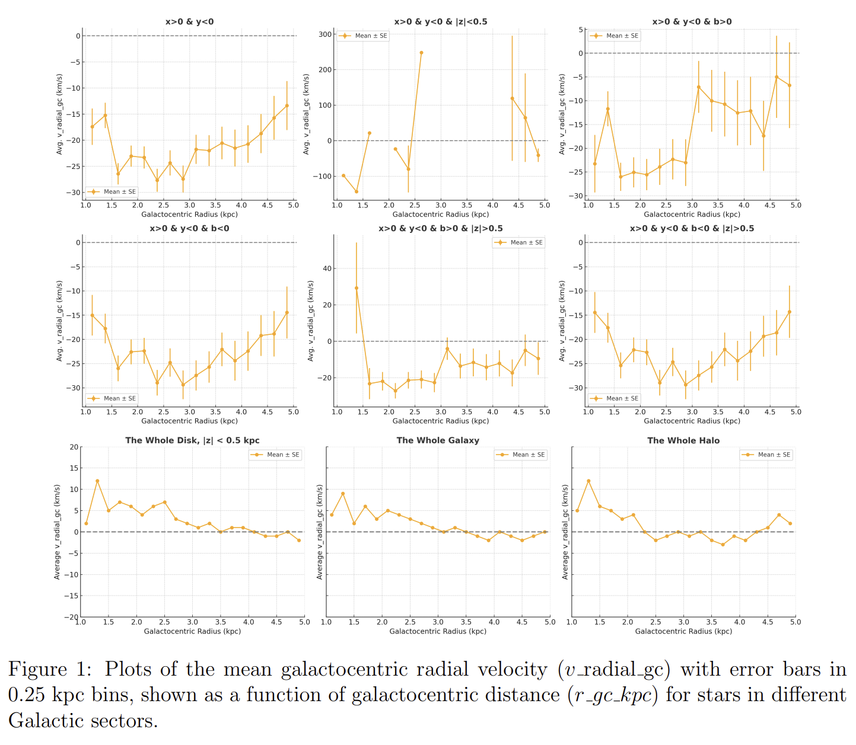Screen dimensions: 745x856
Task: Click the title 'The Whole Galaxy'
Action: pos(438,440)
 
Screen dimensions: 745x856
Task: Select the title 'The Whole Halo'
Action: pos(683,440)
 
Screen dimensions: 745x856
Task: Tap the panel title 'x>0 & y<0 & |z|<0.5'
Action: pos(441,22)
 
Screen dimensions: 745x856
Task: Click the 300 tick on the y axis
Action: pos(325,34)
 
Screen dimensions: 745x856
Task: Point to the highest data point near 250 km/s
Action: pos(421,53)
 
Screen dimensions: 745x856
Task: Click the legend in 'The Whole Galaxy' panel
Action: pos(520,455)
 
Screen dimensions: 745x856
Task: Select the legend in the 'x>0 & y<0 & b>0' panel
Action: pos(615,36)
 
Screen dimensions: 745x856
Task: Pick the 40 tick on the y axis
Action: pos(327,268)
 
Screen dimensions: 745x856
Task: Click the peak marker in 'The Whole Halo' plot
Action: pos(588,481)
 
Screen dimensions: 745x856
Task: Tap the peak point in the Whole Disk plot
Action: pos(97,481)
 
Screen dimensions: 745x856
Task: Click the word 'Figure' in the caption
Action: pos(37,669)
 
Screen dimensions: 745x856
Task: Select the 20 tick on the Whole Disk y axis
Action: pos(74,447)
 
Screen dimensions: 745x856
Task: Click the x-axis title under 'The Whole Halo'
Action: pos(683,631)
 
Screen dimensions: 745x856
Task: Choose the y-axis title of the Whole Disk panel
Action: pos(58,532)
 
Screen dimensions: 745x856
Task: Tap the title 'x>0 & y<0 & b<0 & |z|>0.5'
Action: pos(692,229)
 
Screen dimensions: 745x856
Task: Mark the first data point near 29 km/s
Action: pos(357,288)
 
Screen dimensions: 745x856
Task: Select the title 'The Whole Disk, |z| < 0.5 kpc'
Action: pos(192,440)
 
